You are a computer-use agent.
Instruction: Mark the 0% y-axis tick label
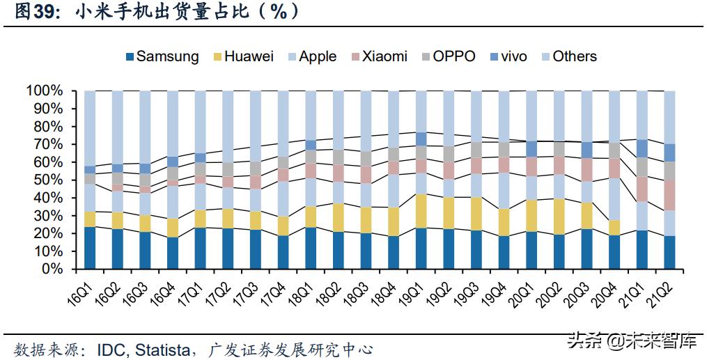(x=52, y=269)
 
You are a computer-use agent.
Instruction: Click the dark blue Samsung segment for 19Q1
(x=421, y=248)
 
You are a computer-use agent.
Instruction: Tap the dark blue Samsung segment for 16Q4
(x=172, y=253)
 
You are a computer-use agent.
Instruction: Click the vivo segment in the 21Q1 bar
(x=642, y=148)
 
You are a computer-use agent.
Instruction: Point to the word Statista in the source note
(x=164, y=348)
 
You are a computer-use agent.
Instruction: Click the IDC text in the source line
(x=111, y=348)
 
